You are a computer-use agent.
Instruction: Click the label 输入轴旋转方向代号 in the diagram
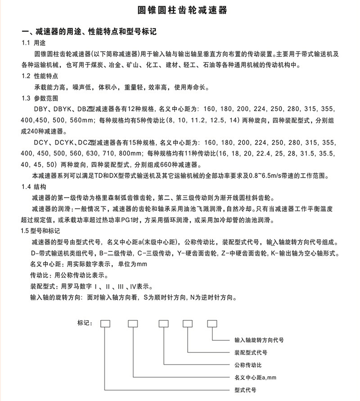tap(259, 340)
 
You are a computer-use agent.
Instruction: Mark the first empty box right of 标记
tap(105, 323)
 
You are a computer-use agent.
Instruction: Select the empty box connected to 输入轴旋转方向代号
tap(212, 323)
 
